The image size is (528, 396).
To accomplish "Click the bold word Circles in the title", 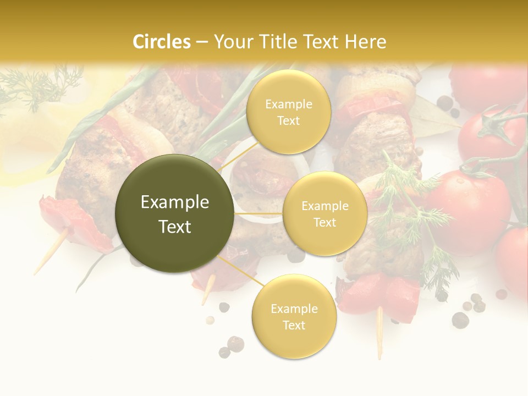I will pos(162,42).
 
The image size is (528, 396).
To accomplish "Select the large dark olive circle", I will pos(174,213).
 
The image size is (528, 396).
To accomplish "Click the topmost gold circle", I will pos(289,112).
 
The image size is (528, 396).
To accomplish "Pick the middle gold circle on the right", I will pos(325,213).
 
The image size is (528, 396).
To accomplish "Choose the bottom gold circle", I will pos(294,316).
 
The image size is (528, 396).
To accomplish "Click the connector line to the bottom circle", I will pos(242,270).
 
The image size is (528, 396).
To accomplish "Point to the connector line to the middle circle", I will pos(258,213).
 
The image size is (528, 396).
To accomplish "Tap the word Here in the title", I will pos(365,42).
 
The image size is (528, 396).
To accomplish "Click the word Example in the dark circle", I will pos(175,202).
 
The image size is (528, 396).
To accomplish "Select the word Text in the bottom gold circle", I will pos(294,325).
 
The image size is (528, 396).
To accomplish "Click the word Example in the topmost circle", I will pos(289,104).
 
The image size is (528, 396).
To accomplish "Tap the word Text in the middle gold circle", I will pos(325,222).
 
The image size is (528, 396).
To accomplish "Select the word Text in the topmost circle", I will pos(289,120).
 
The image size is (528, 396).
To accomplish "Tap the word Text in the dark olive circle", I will pos(175,227).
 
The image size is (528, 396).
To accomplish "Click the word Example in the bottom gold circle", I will pos(294,309).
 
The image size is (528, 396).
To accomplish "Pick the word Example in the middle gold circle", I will pos(325,206).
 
